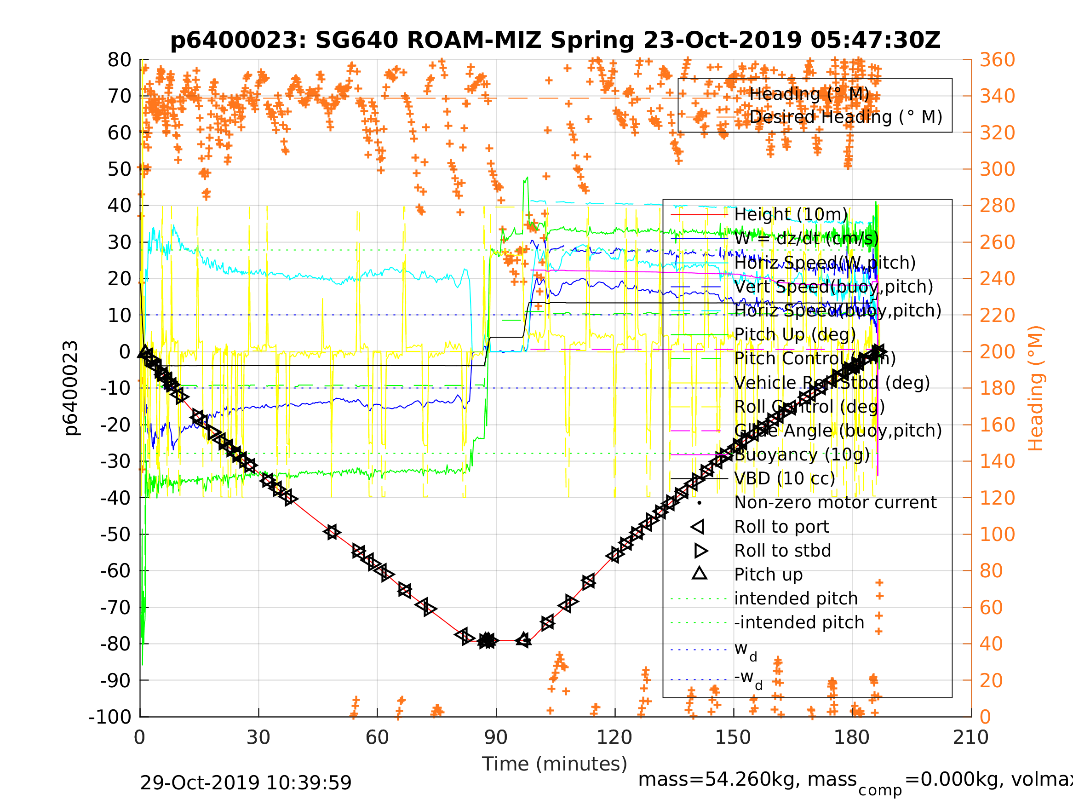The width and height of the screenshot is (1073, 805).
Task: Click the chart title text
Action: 555,40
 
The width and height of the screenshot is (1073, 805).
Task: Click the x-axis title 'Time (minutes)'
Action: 555,764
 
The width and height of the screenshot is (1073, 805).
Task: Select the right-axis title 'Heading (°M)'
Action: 1036,388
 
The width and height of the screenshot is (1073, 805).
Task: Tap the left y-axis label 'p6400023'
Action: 71,388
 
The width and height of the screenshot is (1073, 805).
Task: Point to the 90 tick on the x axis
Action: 496,737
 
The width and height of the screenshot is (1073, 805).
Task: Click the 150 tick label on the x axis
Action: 733,737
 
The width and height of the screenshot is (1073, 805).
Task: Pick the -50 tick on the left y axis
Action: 116,534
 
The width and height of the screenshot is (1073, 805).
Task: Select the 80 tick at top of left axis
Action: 119,60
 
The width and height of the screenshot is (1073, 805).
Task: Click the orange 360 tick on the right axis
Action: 997,60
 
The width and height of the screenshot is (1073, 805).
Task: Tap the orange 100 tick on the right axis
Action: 997,534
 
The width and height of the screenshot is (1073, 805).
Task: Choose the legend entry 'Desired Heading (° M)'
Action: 845,117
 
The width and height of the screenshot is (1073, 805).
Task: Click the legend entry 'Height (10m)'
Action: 791,214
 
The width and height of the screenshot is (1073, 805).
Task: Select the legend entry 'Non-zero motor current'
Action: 835,503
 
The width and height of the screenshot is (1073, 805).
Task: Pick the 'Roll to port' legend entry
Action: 781,527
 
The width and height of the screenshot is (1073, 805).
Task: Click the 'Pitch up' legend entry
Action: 769,575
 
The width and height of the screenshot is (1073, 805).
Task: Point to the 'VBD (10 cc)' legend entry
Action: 784,478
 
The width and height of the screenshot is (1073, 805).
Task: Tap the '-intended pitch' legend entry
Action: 799,622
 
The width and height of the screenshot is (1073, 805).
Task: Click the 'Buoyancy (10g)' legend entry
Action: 802,454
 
